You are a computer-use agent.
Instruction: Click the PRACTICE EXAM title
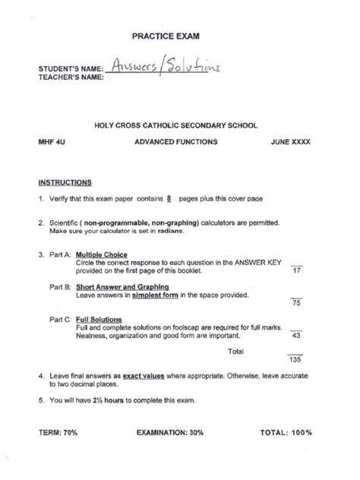click(x=179, y=36)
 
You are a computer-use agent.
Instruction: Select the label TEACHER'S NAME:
click(x=71, y=77)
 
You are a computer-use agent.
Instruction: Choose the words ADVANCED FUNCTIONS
click(x=175, y=142)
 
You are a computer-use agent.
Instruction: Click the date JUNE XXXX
click(x=290, y=142)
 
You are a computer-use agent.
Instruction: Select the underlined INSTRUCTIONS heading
click(x=65, y=182)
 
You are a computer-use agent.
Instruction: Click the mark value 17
click(x=297, y=271)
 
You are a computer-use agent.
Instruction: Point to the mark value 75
click(x=297, y=303)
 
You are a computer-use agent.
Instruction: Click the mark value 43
click(x=297, y=336)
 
